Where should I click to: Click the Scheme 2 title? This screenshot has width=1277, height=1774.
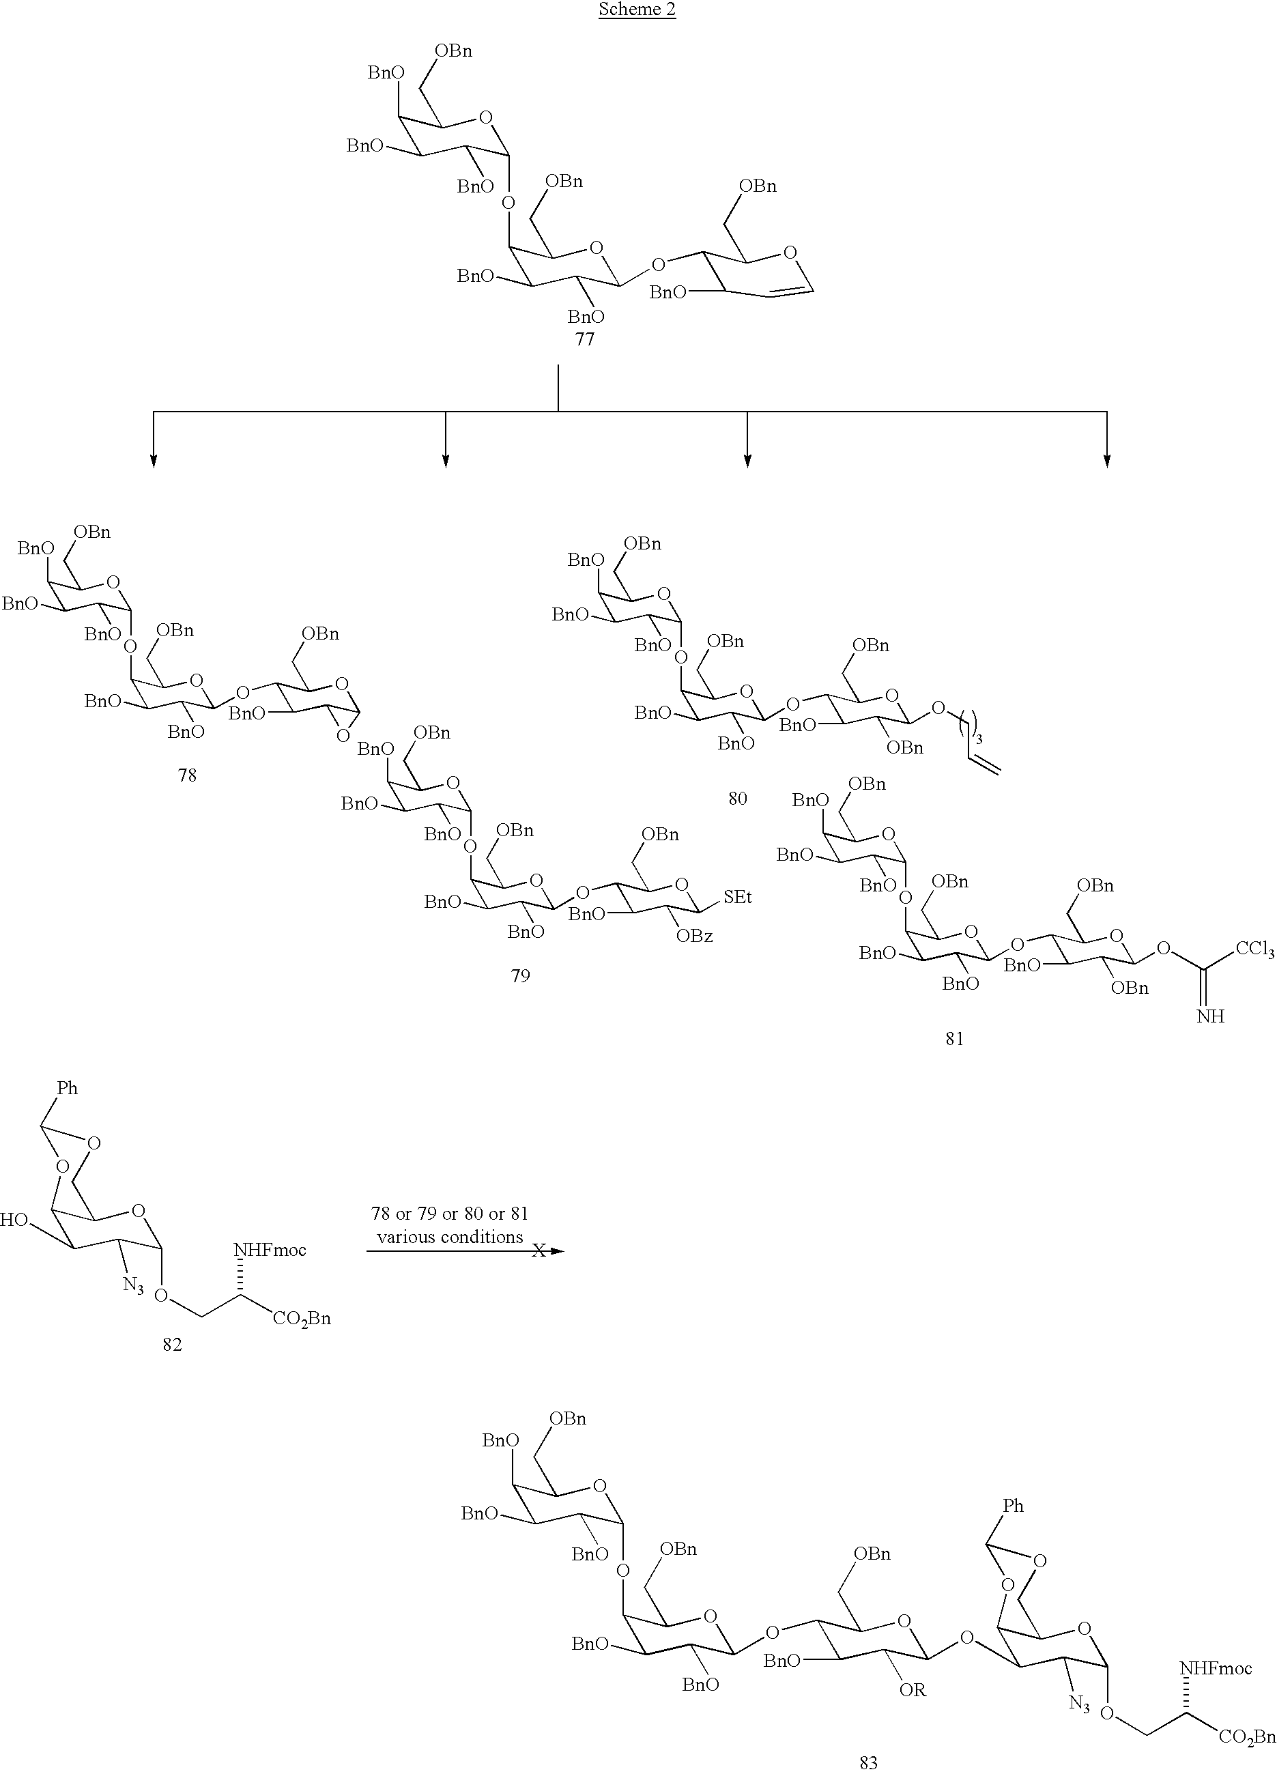coord(637,10)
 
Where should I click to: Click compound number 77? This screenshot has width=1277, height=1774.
coord(584,339)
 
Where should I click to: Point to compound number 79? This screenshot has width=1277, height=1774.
coord(520,975)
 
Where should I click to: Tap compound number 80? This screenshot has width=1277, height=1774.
coord(737,799)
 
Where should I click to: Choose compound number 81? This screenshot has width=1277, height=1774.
coord(954,1039)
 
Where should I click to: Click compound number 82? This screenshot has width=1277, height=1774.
coord(172,1344)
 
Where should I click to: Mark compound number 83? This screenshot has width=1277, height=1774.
coord(868,1762)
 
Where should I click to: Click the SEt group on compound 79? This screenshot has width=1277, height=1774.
coord(737,897)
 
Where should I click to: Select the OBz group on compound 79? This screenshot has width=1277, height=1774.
coord(695,936)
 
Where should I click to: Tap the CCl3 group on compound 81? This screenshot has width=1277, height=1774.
coord(1255,951)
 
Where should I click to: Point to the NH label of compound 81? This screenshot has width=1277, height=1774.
coord(1209,1016)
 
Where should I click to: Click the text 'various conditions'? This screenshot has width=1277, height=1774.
coord(450,1237)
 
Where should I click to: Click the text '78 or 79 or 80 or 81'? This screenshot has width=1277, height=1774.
coord(450,1214)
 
